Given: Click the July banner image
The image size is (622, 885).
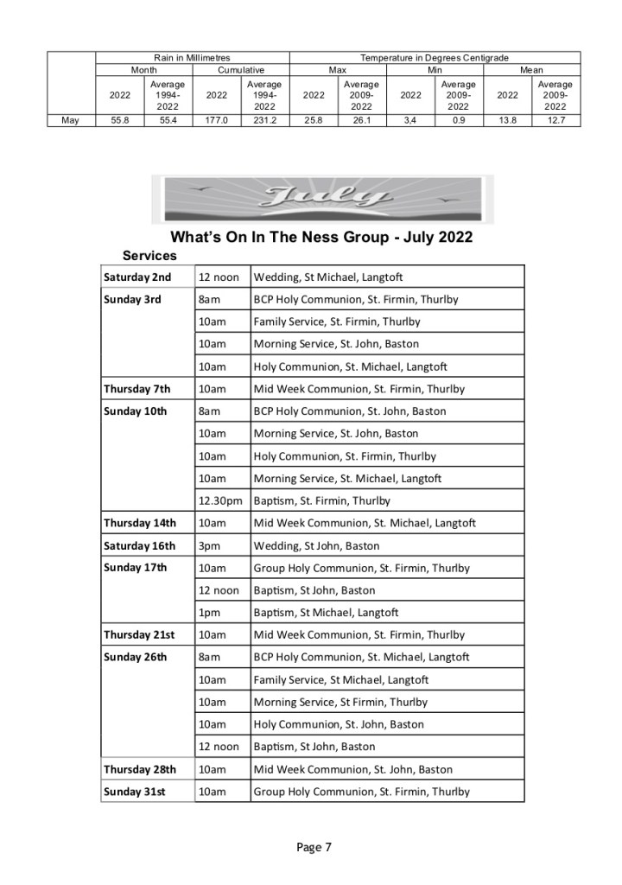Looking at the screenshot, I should coord(322,200).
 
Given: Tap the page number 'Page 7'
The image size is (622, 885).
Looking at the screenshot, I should coord(314,847).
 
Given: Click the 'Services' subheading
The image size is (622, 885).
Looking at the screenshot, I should coord(149,256).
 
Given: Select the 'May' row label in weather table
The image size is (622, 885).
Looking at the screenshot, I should coord(71,120).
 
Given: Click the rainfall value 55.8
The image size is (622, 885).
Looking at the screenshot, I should coord(120,120).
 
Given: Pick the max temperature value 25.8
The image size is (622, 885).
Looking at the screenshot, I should coord(314,120).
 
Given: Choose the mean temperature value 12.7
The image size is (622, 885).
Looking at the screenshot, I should coord(555,120).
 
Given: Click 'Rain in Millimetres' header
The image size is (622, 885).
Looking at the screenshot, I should coord(192,57).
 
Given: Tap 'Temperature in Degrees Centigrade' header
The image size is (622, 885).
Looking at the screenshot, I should coord(435,57).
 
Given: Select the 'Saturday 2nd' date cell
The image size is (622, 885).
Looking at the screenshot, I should coord(137,277).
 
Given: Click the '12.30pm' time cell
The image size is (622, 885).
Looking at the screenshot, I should coord(221,500).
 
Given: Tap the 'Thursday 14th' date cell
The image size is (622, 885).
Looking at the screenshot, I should coord(140,523).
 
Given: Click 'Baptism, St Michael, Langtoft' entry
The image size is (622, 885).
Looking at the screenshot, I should coord(326,613).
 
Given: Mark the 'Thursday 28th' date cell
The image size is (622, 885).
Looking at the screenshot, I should coord(140,769).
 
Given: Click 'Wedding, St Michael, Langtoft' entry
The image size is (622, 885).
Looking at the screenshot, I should coord(328,277).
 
